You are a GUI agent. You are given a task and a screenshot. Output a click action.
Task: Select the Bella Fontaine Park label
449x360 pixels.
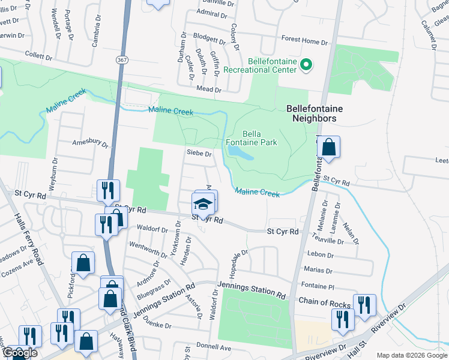(x=259, y=138)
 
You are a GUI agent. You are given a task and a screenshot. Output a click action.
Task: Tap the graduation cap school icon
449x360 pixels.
(x=203, y=204)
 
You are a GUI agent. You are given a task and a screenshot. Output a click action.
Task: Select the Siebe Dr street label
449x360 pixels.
(x=199, y=154)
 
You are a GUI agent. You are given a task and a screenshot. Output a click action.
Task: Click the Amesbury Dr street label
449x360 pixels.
(x=90, y=145)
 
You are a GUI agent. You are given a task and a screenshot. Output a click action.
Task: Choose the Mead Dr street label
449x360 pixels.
(x=209, y=89)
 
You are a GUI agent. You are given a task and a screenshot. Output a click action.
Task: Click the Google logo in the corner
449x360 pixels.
(x=19, y=353)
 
